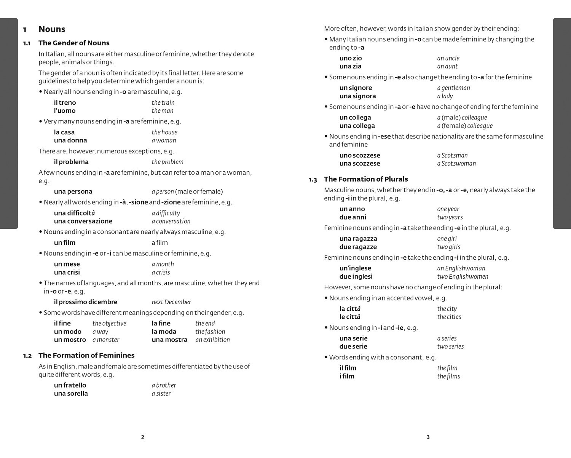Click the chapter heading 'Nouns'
[52, 29]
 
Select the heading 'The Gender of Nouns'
[74, 43]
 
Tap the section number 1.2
[27, 356]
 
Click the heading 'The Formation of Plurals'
[365, 179]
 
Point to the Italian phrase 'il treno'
[65, 103]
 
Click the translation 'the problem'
[167, 162]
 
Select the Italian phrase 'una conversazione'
[83, 221]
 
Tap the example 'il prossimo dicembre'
[86, 302]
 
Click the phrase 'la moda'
[164, 332]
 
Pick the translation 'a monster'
[106, 340]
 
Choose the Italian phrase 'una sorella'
[71, 394]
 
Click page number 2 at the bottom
[143, 437]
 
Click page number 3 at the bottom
[428, 437]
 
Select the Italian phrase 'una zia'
[350, 66]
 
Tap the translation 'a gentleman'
[453, 88]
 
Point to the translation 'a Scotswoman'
[456, 164]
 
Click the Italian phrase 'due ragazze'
[358, 247]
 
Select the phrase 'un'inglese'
[355, 268]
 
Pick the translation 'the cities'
[449, 317]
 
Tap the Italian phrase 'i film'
[347, 377]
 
